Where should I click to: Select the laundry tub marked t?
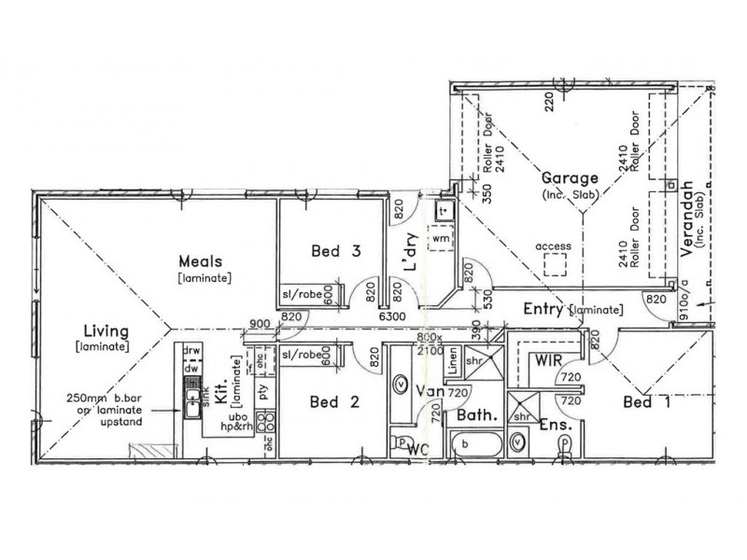click(442, 212)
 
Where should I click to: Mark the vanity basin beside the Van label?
click(400, 383)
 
